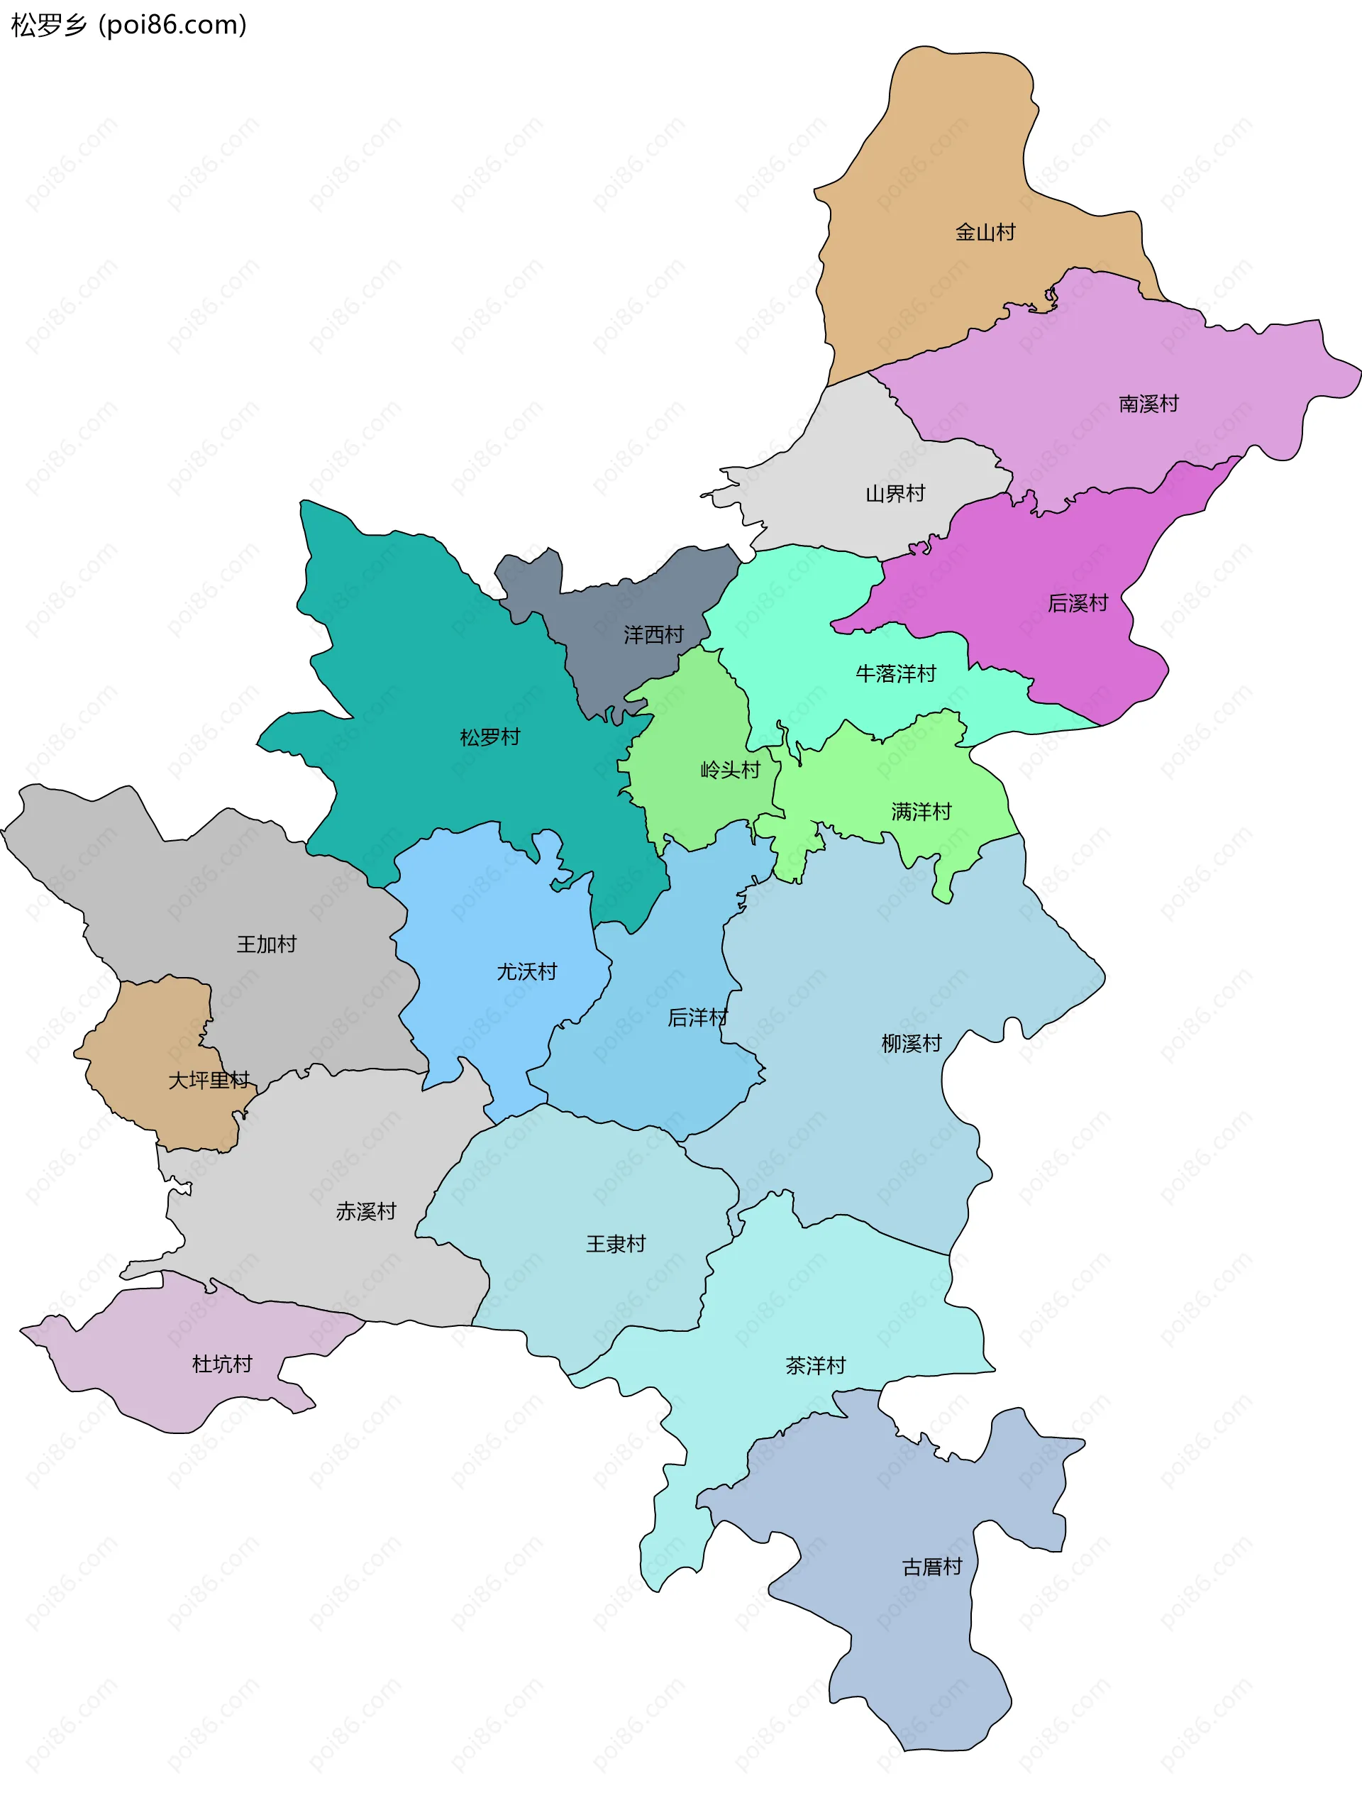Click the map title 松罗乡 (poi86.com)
128,26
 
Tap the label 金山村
985,233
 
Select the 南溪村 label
1148,404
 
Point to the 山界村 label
895,493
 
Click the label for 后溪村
1078,603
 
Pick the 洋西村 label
653,635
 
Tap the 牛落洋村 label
895,674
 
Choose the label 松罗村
489,737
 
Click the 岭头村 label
730,770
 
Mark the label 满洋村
921,812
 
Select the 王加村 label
267,944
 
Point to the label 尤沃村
526,972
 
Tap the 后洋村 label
697,1017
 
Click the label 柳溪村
911,1044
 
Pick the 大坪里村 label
209,1080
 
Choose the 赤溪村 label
366,1212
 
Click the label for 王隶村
615,1245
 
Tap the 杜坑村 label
222,1364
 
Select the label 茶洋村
815,1366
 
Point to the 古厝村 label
931,1567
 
